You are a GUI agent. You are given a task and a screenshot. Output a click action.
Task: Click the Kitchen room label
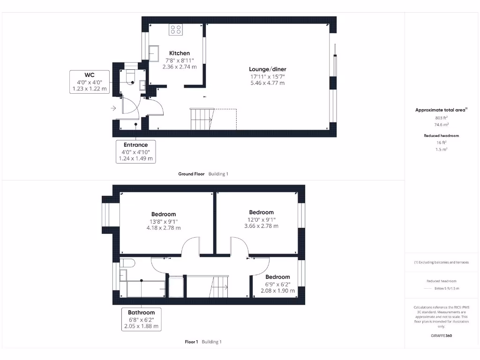(x=180, y=53)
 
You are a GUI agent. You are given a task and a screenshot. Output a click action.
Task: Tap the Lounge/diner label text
(x=268, y=69)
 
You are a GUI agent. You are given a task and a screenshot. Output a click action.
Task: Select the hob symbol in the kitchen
(x=176, y=30)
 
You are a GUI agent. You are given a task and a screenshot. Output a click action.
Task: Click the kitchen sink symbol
(x=154, y=53)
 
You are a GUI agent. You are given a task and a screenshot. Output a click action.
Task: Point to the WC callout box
(x=89, y=82)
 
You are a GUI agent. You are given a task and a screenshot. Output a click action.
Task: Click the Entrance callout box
(x=135, y=151)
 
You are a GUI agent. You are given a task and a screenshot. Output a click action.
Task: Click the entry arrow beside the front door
(x=113, y=108)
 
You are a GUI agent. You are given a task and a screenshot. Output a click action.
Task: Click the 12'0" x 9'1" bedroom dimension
(x=261, y=219)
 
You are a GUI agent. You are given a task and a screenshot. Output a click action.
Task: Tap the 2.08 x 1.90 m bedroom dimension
(x=277, y=291)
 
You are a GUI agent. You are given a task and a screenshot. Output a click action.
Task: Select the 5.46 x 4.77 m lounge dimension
(x=268, y=83)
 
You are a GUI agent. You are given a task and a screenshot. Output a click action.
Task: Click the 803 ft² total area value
(x=441, y=118)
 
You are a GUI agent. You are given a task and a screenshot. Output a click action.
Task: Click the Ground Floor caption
(x=191, y=174)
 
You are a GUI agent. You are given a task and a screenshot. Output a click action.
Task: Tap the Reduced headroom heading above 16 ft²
(x=441, y=135)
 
